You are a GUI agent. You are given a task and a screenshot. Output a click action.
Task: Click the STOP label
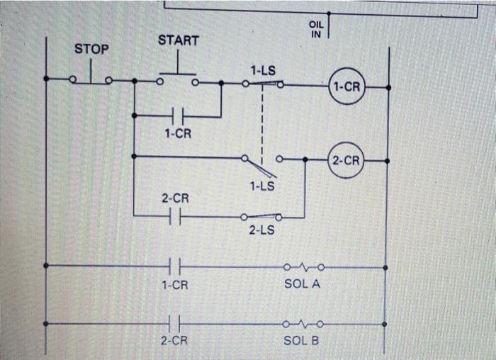pyautogui.click(x=92, y=49)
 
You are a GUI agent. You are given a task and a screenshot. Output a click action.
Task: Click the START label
pyautogui.click(x=178, y=41)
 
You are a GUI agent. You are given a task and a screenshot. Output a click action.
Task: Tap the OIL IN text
pyautogui.click(x=316, y=29)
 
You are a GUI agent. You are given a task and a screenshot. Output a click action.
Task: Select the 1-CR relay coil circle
pyautogui.click(x=346, y=87)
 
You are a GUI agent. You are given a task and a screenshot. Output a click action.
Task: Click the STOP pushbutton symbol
pyautogui.click(x=90, y=77)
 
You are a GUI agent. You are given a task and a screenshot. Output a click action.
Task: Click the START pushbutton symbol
pyautogui.click(x=178, y=79)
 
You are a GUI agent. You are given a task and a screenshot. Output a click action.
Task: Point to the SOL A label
pyautogui.click(x=303, y=284)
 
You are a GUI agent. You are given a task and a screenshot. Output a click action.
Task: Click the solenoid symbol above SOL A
pyautogui.click(x=303, y=268)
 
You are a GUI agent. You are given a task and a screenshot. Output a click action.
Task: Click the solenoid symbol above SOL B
pyautogui.click(x=303, y=324)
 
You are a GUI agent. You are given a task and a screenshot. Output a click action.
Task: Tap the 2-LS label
pyautogui.click(x=261, y=231)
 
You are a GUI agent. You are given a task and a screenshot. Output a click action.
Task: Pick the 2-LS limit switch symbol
pyautogui.click(x=261, y=216)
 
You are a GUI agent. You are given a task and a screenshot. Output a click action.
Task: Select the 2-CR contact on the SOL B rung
pyautogui.click(x=175, y=324)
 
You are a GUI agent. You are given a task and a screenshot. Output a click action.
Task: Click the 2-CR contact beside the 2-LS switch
pyautogui.click(x=175, y=216)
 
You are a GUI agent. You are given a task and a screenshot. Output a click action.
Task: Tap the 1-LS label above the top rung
pyautogui.click(x=263, y=70)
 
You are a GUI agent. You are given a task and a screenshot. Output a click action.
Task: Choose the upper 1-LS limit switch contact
pyautogui.click(x=263, y=84)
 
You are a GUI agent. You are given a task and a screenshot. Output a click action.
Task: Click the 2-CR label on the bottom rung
pyautogui.click(x=174, y=341)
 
